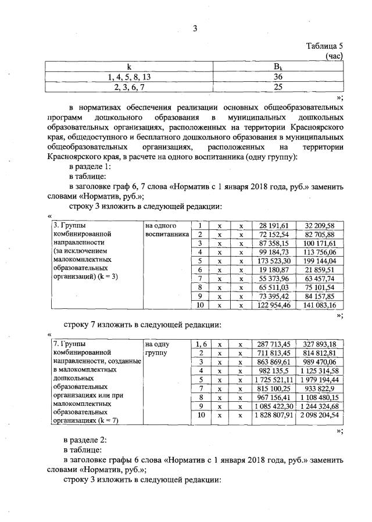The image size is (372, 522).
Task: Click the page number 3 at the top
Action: pyautogui.click(x=196, y=31)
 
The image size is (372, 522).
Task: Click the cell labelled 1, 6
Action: pyautogui.click(x=199, y=344)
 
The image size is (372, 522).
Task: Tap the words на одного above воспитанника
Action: pyautogui.click(x=160, y=225)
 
